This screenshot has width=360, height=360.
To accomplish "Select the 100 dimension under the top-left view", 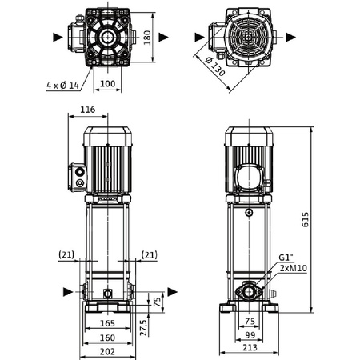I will [106, 82].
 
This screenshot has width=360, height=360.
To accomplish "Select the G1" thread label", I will [285, 258].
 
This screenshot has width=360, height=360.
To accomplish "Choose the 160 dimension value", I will [106, 337].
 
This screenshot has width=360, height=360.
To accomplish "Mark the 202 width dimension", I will [106, 351].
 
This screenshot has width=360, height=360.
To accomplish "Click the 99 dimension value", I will [249, 337].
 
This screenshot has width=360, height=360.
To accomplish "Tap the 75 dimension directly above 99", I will [249, 322].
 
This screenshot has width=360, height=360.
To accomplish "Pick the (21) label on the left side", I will [66, 254].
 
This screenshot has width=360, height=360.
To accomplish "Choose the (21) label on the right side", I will [148, 254].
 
